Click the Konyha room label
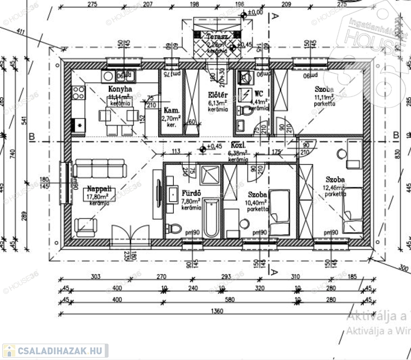pos(120,89)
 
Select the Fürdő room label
pos(191,192)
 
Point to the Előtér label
pos(218,95)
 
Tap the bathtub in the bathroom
pos(211,218)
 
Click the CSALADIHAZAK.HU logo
pos(55,350)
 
